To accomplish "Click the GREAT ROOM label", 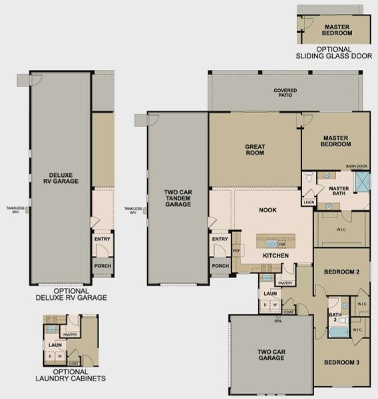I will [x=254, y=149].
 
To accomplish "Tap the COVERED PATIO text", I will [x=285, y=93].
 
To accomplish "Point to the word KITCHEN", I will [x=274, y=256].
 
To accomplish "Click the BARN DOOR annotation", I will [x=356, y=167].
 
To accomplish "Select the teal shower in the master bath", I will [x=361, y=182].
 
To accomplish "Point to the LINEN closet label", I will [x=309, y=202].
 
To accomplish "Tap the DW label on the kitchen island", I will [x=282, y=244].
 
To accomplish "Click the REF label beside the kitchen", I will [x=236, y=250].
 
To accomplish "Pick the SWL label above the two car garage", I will [x=277, y=320].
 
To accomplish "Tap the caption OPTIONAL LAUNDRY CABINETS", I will [x=70, y=375].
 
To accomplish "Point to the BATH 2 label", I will [x=334, y=316].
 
